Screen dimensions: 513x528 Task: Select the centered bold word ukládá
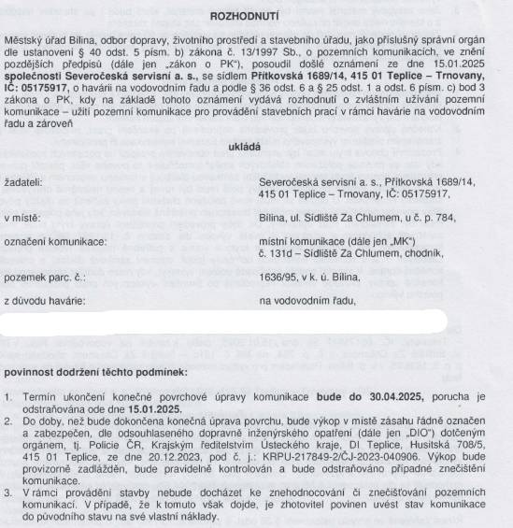tap(256, 148)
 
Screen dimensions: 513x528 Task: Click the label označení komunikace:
tap(55, 241)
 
